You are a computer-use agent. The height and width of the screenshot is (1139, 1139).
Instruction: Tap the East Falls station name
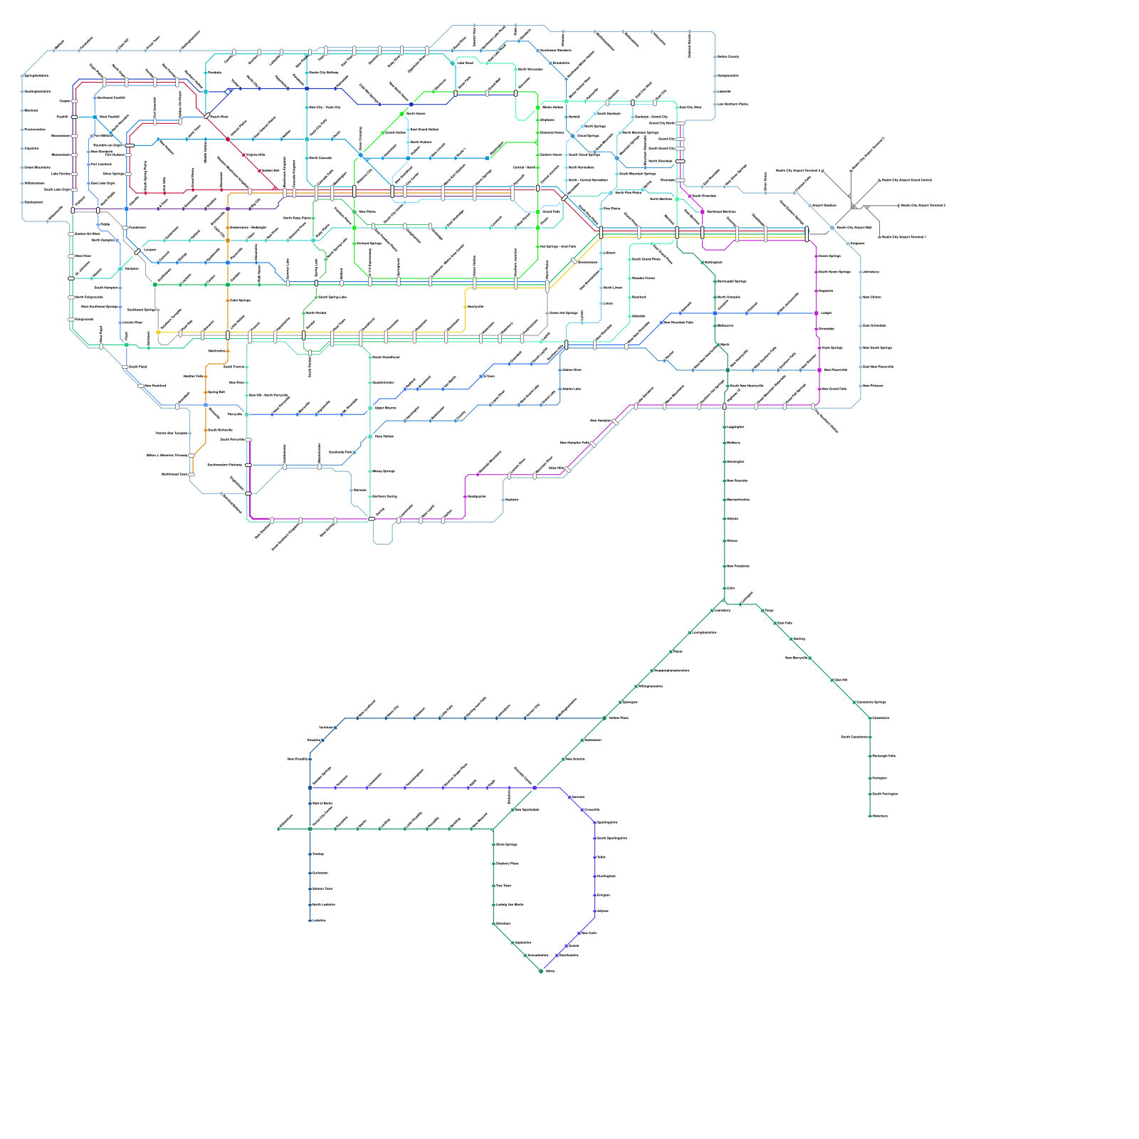click(784, 623)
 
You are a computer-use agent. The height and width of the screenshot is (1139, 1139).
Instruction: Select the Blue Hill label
click(840, 681)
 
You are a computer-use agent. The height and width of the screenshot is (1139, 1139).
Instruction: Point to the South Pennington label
click(885, 794)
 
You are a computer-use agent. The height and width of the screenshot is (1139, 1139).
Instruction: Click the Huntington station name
click(606, 876)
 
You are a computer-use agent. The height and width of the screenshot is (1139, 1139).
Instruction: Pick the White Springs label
click(506, 845)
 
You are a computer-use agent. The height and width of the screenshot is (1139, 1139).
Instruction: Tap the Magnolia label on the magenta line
click(826, 290)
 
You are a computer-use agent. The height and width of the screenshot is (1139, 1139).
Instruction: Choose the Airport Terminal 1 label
click(904, 237)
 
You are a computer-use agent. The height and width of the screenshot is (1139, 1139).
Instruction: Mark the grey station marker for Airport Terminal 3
click(898, 206)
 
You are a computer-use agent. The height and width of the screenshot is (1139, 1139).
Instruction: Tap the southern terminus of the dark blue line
click(310, 921)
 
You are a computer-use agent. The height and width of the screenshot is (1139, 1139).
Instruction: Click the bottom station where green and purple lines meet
click(541, 971)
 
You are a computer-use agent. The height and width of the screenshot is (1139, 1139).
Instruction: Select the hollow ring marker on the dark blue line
click(228, 91)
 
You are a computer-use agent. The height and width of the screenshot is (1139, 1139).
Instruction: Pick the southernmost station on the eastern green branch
click(870, 816)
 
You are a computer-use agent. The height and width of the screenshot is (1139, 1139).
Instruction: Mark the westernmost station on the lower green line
click(278, 829)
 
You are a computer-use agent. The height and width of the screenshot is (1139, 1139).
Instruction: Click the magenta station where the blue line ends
click(817, 313)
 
